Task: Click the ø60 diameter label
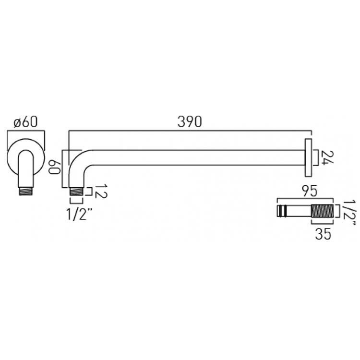click(x=25, y=122)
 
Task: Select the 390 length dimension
click(x=190, y=121)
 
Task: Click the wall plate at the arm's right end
click(x=308, y=159)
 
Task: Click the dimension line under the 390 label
click(x=190, y=131)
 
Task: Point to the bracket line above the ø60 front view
click(x=26, y=131)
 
